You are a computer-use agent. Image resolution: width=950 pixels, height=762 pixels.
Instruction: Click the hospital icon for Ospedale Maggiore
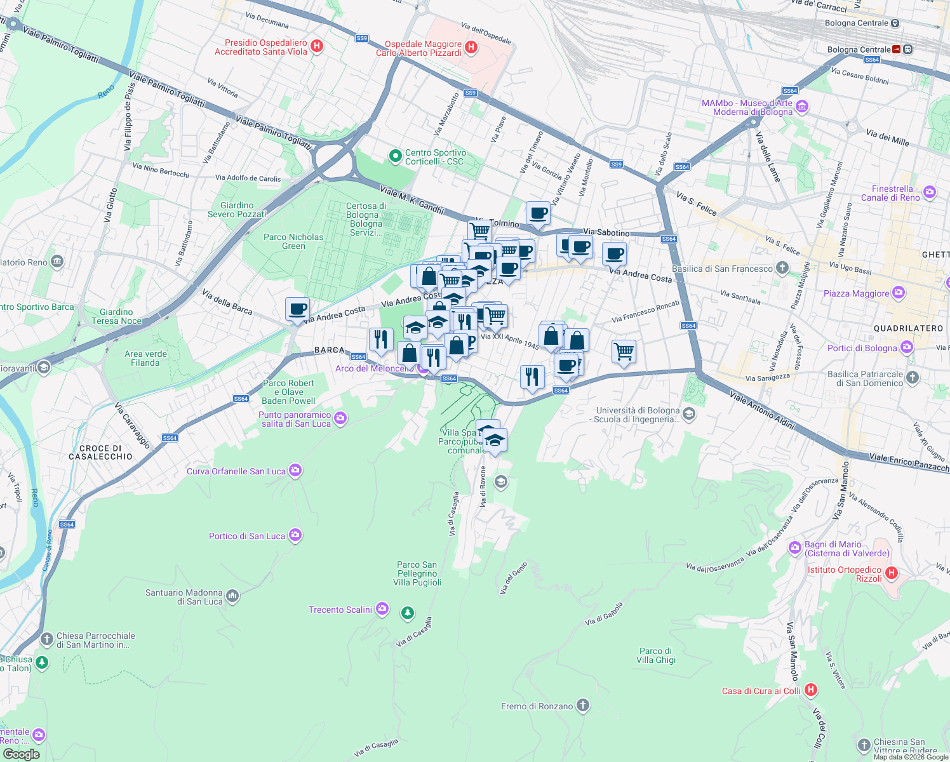[x=471, y=47]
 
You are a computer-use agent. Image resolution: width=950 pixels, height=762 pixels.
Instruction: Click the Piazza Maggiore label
[x=856, y=293]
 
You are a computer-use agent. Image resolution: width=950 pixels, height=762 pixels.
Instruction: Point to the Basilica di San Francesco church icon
[x=782, y=268]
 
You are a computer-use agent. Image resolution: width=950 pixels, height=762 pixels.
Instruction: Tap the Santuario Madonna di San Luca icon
[x=232, y=596]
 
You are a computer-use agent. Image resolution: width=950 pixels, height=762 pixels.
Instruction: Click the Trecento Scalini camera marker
[x=382, y=609]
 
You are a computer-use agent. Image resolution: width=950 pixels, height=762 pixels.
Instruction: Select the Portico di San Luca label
[x=247, y=536]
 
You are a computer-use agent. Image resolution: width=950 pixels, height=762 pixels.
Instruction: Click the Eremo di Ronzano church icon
[x=583, y=705]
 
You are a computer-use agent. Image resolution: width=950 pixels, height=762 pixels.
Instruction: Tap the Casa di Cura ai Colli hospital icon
[x=810, y=690]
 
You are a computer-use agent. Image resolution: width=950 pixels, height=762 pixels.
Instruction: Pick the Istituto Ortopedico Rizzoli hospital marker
[x=892, y=573]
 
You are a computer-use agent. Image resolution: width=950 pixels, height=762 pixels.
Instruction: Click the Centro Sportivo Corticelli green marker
[x=395, y=156]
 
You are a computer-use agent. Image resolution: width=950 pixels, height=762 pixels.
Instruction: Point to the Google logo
[x=21, y=754]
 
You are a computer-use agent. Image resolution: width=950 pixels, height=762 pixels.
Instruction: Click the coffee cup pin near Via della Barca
[x=297, y=310]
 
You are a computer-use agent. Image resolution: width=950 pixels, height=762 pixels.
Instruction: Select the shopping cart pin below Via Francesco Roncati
[x=624, y=351]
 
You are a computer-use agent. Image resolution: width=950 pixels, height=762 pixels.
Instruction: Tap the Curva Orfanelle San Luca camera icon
[x=295, y=471]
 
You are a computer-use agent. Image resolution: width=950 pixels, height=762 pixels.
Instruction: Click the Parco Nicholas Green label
[x=293, y=241]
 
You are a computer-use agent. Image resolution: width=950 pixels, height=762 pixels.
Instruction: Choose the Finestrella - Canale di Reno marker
[x=930, y=192]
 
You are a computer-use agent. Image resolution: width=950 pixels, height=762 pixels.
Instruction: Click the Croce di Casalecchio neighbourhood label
[x=100, y=452]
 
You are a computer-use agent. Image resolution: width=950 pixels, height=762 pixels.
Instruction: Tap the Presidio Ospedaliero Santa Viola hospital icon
[x=318, y=46]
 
